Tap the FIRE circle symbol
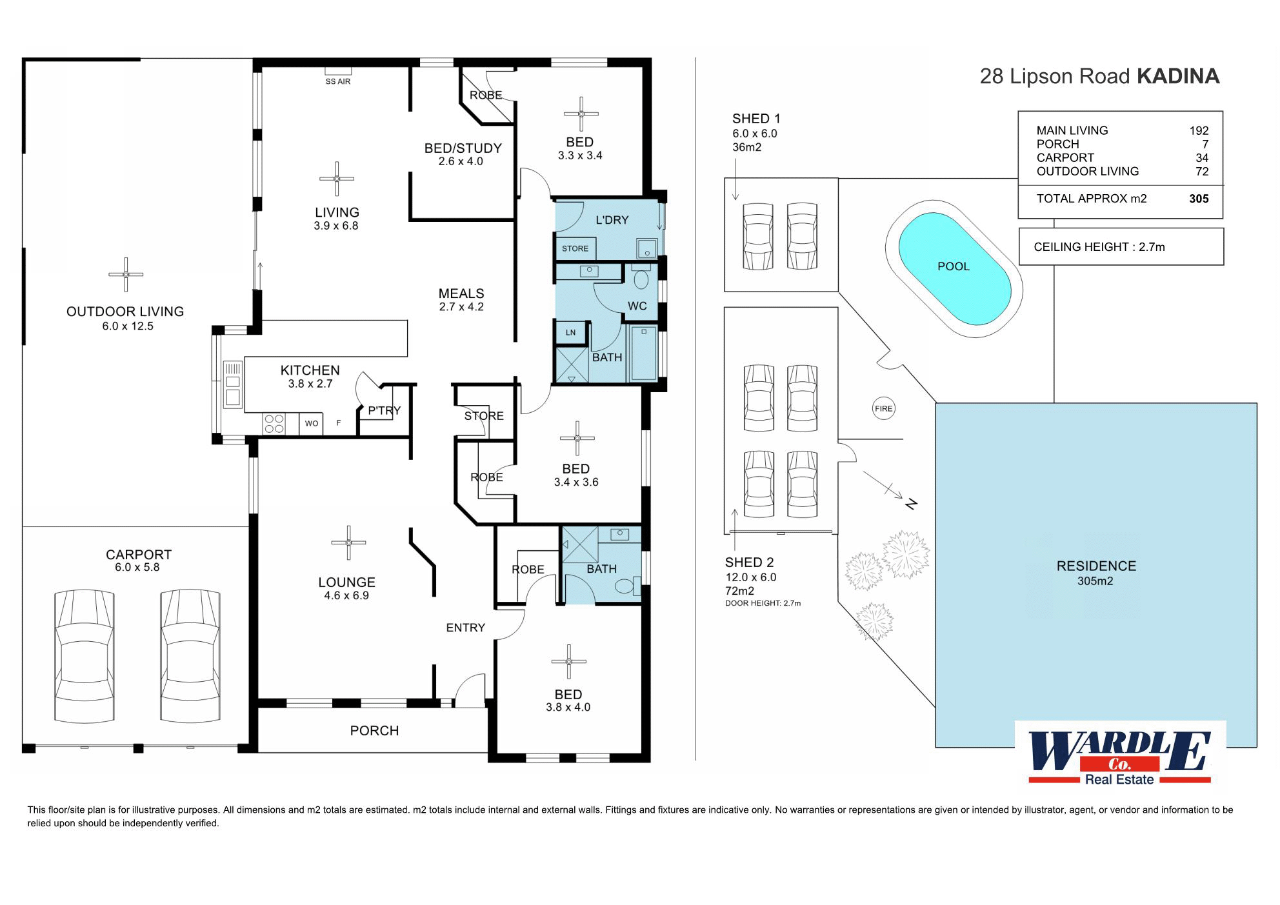[883, 408]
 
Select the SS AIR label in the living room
[338, 82]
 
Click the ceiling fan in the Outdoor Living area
[126, 274]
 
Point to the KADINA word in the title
[1178, 76]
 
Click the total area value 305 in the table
[1199, 199]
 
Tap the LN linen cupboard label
[570, 333]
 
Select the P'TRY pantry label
[385, 410]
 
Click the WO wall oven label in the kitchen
[312, 424]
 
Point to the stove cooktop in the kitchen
[274, 423]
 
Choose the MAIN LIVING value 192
[1199, 130]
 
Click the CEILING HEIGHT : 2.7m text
[1099, 247]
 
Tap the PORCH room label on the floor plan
[374, 731]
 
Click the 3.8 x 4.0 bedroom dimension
[568, 708]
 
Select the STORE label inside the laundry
[575, 248]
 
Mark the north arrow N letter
[911, 504]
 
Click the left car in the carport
[85, 655]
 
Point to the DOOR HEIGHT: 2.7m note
[763, 604]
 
